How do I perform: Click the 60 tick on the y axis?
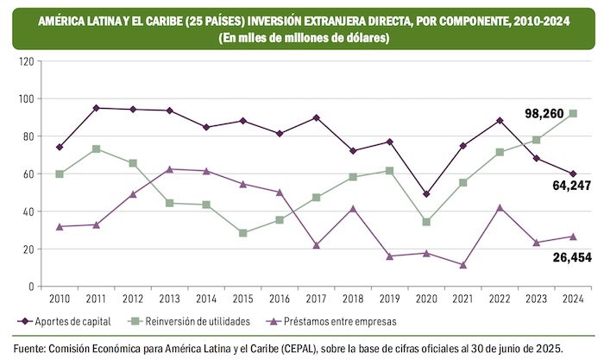28,174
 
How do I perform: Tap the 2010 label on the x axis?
60,300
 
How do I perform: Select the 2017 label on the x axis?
317,300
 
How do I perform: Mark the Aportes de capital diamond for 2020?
426,194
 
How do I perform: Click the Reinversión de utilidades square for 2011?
96,149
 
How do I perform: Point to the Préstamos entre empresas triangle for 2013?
169,169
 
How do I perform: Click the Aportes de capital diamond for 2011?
96,108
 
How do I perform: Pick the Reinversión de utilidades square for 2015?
242,233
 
